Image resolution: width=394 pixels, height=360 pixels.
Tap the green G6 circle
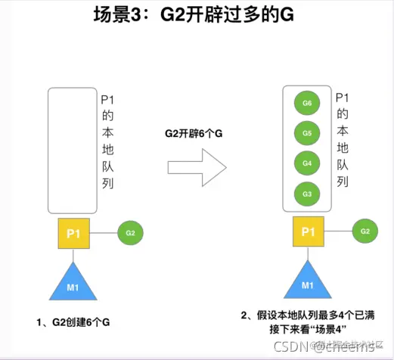click(x=307, y=103)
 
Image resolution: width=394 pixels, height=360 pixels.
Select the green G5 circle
click(x=307, y=133)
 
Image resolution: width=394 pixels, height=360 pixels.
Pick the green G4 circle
click(x=307, y=163)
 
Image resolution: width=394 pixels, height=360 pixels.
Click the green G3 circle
click(x=307, y=194)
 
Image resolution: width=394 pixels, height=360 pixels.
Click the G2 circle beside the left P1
click(x=131, y=233)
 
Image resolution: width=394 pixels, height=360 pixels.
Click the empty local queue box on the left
click(x=73, y=151)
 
